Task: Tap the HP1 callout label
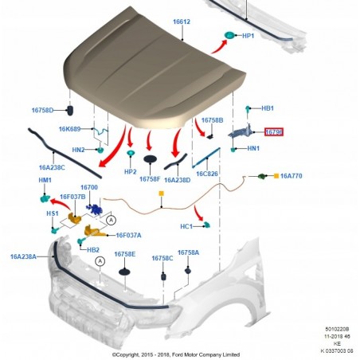point(248,37)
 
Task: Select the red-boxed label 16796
point(274,132)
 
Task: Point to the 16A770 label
point(292,175)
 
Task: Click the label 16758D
point(42,111)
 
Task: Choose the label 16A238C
point(53,168)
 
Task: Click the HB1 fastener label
point(268,108)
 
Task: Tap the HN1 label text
point(254,149)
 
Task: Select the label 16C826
point(207,173)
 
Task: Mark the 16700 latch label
point(88,188)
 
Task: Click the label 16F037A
point(128,235)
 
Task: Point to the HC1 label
point(186,227)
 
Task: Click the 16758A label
point(188,252)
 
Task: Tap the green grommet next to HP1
point(229,36)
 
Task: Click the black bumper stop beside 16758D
point(69,110)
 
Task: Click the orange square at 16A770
point(276,175)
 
